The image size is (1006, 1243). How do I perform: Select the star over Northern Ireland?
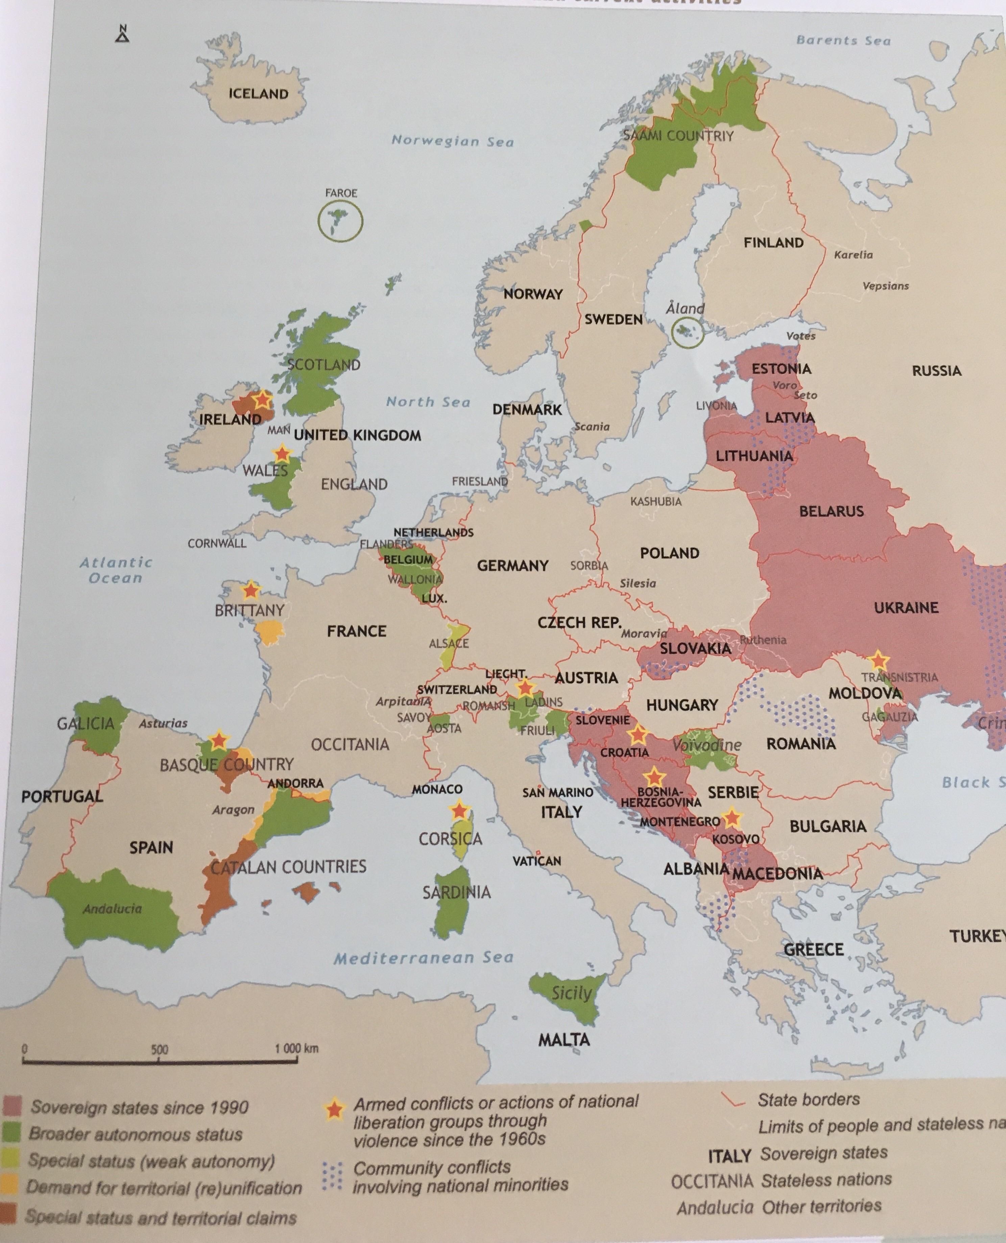tap(262, 399)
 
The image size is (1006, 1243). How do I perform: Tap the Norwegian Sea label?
tap(453, 141)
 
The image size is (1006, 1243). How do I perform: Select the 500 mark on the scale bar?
tap(159, 1050)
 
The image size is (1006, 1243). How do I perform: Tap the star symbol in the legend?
tap(333, 1110)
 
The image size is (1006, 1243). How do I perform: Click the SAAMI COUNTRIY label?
tap(678, 136)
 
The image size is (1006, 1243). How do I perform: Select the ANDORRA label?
tap(295, 783)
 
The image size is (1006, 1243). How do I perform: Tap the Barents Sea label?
tap(843, 40)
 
